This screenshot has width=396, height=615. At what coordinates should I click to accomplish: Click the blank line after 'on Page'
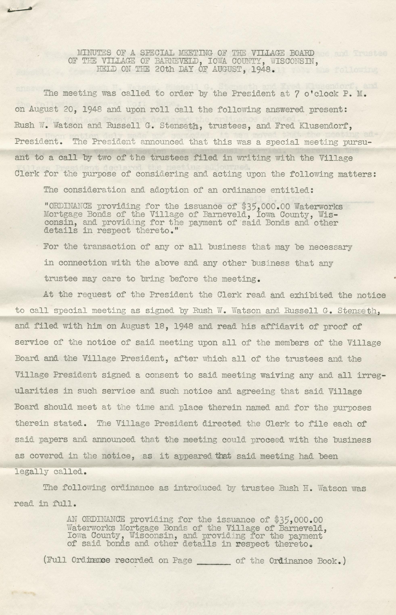(x=214, y=561)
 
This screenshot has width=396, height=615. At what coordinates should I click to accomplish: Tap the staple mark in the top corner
(x=20, y=9)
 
